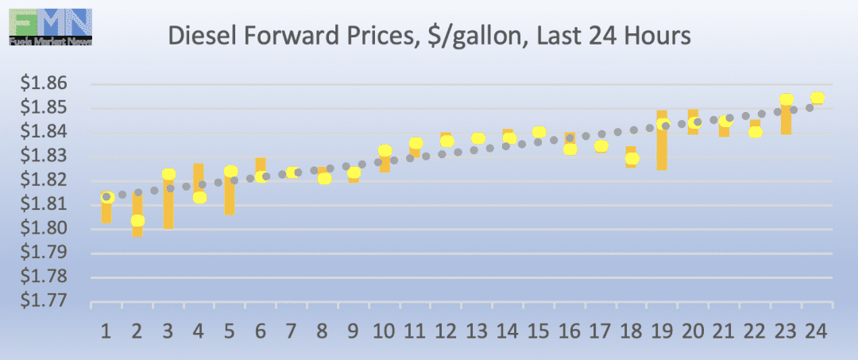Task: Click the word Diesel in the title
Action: click(198, 36)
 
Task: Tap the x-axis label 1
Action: click(106, 330)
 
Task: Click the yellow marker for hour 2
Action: click(137, 221)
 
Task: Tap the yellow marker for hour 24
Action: click(817, 98)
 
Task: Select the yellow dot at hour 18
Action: click(632, 158)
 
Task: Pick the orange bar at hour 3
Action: click(168, 203)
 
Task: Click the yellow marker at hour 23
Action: click(786, 100)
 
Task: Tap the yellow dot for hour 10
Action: click(385, 150)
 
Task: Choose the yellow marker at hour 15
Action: click(539, 132)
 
